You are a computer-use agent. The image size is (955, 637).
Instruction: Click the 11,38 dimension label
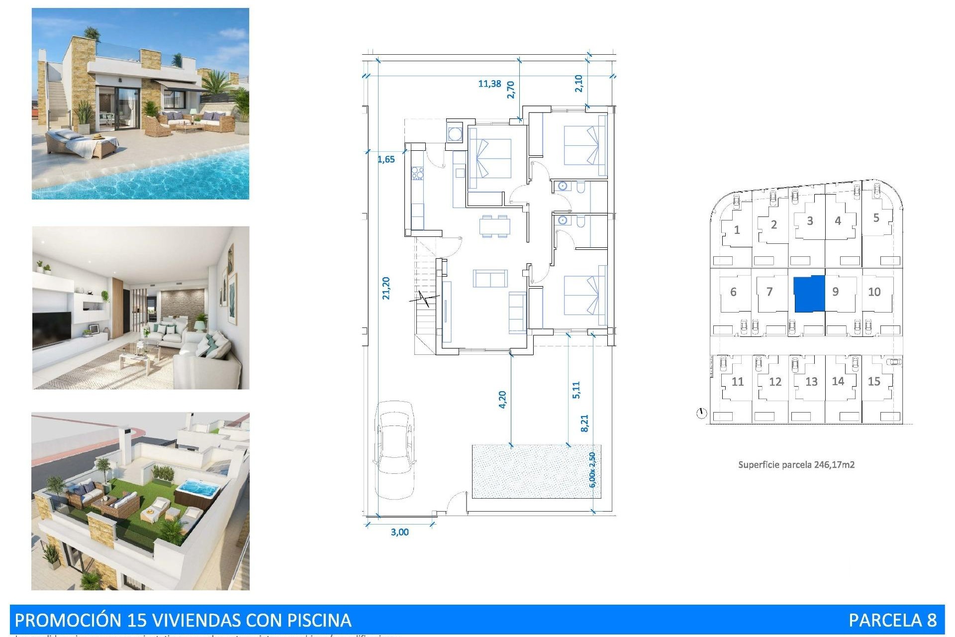pos(489,84)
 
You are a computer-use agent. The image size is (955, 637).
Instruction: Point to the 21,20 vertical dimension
pos(386,288)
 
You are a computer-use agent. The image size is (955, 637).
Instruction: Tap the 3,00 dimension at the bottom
pos(399,532)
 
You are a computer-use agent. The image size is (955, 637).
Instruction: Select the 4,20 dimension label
pos(502,400)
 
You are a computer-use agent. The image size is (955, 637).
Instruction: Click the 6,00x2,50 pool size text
pos(592,470)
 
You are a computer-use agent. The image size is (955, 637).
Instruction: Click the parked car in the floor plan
pos(395,449)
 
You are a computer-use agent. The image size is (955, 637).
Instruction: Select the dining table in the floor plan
pos(494,226)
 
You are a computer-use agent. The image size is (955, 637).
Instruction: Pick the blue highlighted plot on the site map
pos(809,294)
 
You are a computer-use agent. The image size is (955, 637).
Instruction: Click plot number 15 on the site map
pos(874,381)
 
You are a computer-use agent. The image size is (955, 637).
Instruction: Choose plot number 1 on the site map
pos(737,230)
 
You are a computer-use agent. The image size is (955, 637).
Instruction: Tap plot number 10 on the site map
pos(874,292)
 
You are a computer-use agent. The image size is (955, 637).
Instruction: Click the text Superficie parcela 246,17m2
pos(796,465)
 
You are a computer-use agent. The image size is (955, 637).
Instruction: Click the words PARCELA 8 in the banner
pos(892,620)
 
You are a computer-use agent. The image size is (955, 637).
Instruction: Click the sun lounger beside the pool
pos(82,142)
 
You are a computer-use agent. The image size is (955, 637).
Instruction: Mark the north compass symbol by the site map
pos(701,413)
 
